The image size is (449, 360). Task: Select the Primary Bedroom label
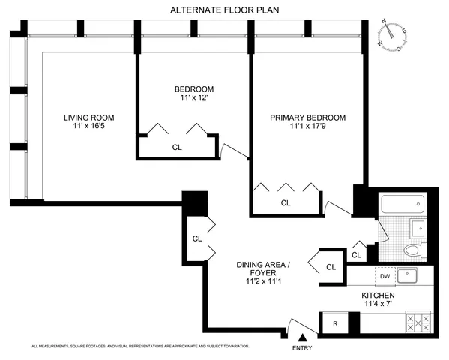308,118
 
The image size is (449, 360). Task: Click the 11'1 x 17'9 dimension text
308,128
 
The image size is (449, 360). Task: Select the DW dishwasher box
384,276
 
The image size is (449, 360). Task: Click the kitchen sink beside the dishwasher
410,276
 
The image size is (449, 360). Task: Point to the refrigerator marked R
334,323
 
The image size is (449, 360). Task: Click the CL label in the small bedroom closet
177,147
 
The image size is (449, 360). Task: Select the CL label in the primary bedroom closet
286,202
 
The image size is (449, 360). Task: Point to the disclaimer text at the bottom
139,346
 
